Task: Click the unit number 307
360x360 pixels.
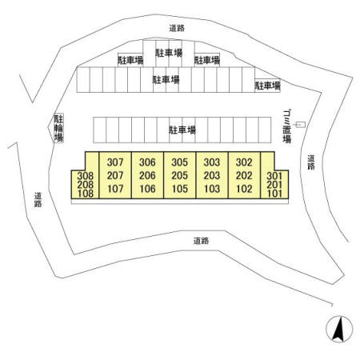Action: pyautogui.click(x=115, y=162)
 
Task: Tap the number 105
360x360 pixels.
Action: pyautogui.click(x=180, y=189)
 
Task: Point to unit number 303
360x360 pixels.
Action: pyautogui.click(x=212, y=162)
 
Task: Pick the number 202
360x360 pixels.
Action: pyautogui.click(x=244, y=175)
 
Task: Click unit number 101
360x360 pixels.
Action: pyautogui.click(x=274, y=194)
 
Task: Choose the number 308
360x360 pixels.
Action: pyautogui.click(x=86, y=176)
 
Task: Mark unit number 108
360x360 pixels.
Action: pyautogui.click(x=86, y=194)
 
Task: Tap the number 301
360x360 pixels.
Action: pyautogui.click(x=274, y=176)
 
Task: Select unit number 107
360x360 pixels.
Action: pyautogui.click(x=115, y=189)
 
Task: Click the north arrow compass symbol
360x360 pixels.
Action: pyautogui.click(x=339, y=329)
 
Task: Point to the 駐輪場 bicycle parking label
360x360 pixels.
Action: pyautogui.click(x=58, y=128)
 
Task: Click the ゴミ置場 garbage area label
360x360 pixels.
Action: pyautogui.click(x=287, y=126)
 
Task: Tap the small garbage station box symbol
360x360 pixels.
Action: pyautogui.click(x=301, y=125)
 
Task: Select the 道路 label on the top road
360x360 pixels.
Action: pyautogui.click(x=177, y=28)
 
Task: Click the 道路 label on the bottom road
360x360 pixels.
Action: pyautogui.click(x=201, y=241)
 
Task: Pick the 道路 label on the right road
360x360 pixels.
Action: pyautogui.click(x=311, y=162)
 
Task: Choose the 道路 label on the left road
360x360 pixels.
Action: pyautogui.click(x=38, y=200)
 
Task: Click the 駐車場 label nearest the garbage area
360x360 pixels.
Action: pyautogui.click(x=267, y=86)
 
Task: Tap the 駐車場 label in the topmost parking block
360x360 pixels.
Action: pyautogui.click(x=169, y=53)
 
